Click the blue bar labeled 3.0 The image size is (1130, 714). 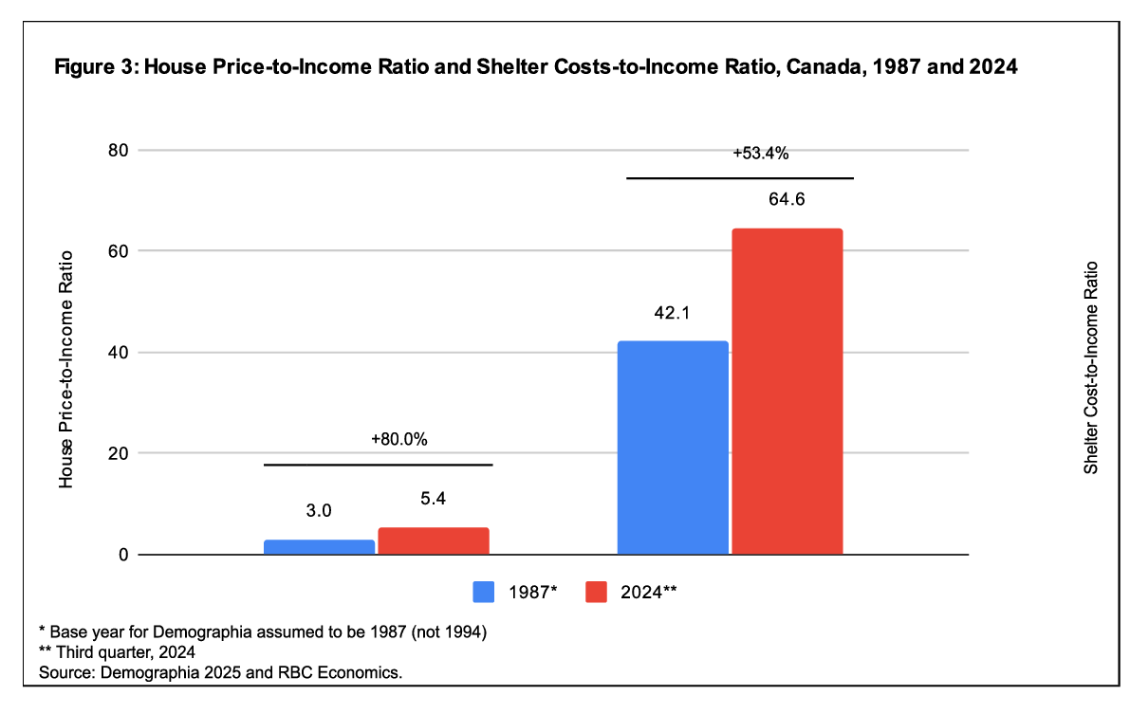319,547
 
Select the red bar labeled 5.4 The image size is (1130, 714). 434,540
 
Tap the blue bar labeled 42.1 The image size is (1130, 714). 673,447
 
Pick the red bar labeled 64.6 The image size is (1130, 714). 787,391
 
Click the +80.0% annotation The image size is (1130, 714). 399,440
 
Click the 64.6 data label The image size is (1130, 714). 787,201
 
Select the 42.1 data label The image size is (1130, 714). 673,313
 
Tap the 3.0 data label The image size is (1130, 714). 319,511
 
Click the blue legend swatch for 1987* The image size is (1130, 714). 485,592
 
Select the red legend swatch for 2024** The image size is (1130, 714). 596,592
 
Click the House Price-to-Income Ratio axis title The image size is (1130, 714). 65,370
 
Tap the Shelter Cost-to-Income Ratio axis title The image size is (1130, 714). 1091,368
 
